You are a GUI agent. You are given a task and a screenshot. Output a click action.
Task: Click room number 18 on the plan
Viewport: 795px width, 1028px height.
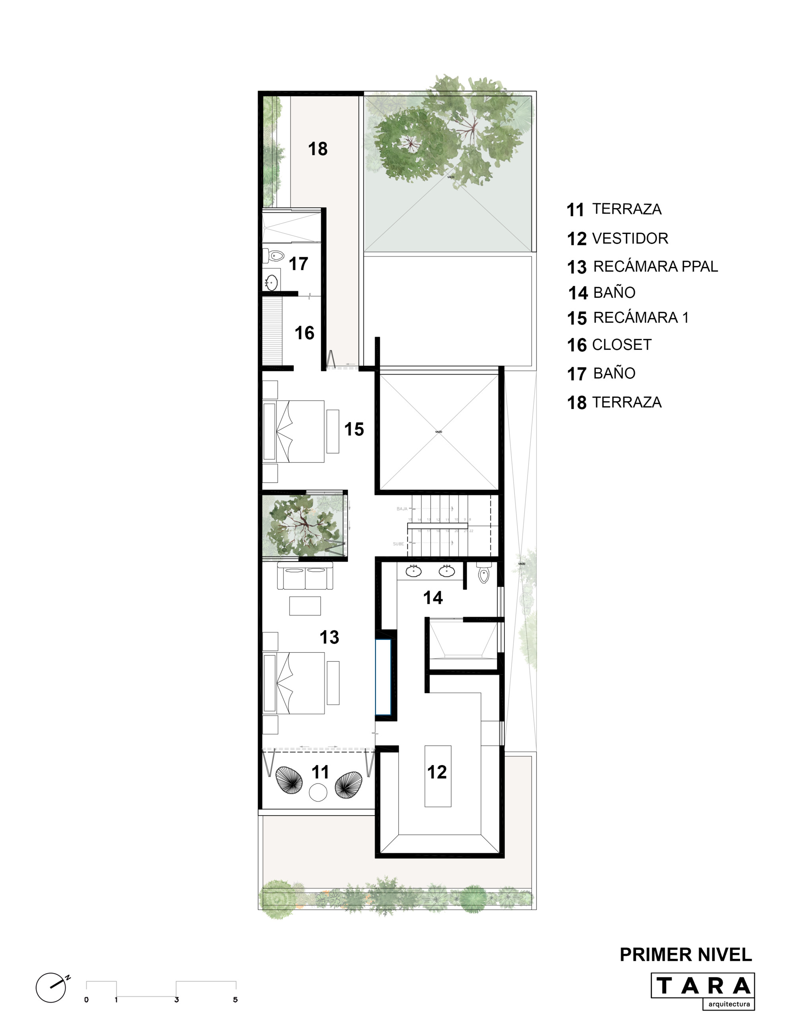(318, 149)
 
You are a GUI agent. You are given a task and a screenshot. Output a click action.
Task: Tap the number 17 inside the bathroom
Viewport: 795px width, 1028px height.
(298, 264)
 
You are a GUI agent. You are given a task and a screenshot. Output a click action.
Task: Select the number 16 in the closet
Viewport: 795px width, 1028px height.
(304, 333)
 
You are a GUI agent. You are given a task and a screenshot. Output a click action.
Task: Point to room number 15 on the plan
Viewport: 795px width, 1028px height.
(354, 429)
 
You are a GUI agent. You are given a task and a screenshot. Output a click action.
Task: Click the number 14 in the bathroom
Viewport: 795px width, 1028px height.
(433, 598)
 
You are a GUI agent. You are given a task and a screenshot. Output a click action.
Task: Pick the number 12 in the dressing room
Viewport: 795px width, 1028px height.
(436, 772)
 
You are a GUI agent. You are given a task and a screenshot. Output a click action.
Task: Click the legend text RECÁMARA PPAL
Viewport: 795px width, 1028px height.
(655, 267)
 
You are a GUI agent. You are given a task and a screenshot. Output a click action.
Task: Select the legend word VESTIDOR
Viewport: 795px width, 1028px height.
(630, 238)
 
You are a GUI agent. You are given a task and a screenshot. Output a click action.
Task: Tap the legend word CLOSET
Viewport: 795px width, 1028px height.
(622, 344)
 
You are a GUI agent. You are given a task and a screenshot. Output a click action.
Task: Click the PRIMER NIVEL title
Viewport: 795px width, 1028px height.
(686, 955)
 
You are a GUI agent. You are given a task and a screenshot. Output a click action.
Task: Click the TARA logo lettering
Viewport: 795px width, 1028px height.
(703, 985)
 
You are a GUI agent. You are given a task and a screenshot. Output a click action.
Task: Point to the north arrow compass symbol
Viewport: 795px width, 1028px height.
(51, 987)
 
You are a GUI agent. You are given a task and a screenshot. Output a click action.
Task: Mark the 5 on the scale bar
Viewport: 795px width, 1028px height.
(235, 1000)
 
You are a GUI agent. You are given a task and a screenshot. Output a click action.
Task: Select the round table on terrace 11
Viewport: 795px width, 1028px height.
(318, 792)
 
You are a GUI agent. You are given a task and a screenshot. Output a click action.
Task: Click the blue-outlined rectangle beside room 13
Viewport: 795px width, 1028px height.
(383, 677)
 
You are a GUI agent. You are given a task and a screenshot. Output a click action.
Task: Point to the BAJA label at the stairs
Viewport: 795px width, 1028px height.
(402, 509)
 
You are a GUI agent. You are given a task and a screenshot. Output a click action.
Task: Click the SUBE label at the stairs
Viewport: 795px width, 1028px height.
(398, 544)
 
